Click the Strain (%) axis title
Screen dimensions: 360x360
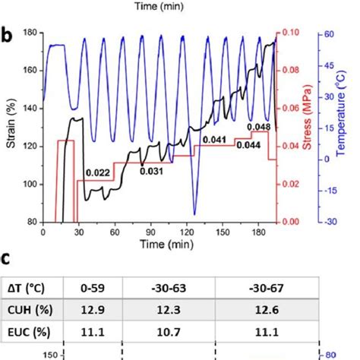click(10, 128)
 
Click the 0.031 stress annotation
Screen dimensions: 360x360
click(152, 170)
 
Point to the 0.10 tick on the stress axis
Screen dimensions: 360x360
click(290, 33)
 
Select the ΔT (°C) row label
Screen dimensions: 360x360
click(27, 287)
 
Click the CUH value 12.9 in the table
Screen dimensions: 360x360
click(98, 308)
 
